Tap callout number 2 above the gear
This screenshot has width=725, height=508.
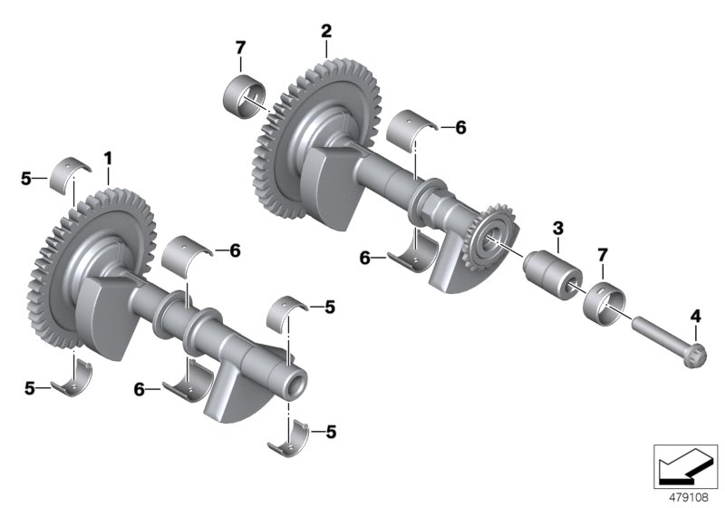click(x=325, y=31)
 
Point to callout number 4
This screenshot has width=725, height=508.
click(x=695, y=316)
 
